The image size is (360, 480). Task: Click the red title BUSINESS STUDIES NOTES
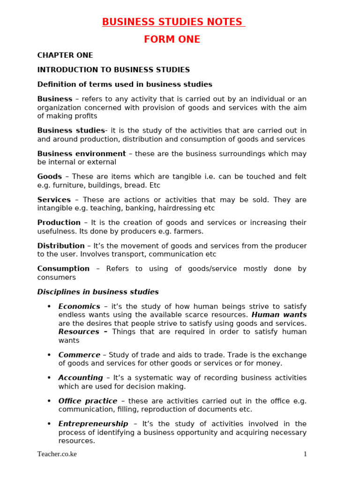coord(172,22)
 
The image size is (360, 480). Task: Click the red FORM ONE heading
coord(172,40)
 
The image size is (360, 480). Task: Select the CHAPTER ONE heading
coord(65,55)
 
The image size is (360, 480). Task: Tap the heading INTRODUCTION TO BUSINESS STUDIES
coord(113,70)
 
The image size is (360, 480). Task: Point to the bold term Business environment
coord(82,154)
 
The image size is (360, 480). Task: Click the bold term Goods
coord(50,177)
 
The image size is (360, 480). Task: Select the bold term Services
coord(54,200)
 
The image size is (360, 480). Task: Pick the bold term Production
coord(59,223)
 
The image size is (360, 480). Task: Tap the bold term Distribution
coord(61,246)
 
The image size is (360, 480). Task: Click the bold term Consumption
coord(63,269)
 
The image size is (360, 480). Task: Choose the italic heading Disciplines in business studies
coord(98,292)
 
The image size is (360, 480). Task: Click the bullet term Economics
coord(79,307)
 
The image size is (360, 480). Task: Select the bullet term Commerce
coord(79,355)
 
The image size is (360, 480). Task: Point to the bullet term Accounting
coord(81,378)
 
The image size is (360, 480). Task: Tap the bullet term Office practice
coord(88,401)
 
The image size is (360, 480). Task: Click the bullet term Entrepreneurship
coord(93,424)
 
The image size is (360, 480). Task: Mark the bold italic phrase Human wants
coord(279,315)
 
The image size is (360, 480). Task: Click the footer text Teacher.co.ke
coord(57,454)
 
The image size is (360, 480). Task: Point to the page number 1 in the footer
coord(305,454)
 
